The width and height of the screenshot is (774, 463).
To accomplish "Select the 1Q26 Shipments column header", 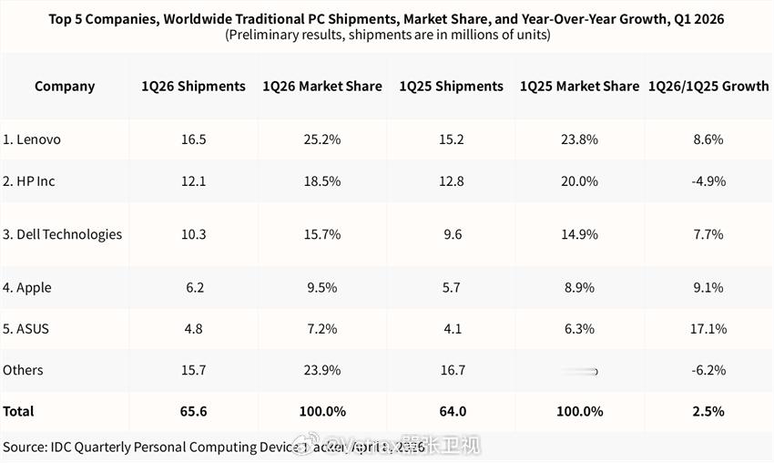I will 193,87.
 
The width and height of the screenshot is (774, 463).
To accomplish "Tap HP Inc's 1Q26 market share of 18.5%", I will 322,181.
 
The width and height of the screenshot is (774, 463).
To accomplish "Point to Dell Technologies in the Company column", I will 63,234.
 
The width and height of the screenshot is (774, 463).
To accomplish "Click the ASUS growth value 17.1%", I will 708,328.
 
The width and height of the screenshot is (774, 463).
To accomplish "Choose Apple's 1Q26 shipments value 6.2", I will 193,287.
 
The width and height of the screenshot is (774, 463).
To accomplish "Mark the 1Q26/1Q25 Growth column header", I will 708,87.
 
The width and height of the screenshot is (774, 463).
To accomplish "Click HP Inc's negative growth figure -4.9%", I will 708,181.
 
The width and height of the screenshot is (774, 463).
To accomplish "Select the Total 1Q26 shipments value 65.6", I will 193,411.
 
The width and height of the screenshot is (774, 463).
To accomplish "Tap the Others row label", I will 23,370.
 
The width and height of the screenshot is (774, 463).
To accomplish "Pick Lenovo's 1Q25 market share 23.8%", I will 579,139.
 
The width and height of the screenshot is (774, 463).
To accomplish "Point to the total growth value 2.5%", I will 708,411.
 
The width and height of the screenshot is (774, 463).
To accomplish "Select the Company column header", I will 65,87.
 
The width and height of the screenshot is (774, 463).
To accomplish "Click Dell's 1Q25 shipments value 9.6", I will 452,234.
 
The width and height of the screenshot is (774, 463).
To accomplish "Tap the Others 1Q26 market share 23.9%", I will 322,370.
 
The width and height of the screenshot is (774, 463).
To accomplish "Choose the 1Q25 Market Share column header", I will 579,87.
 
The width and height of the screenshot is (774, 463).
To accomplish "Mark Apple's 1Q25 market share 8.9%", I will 579,287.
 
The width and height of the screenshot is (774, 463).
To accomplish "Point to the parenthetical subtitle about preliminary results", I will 386,36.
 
